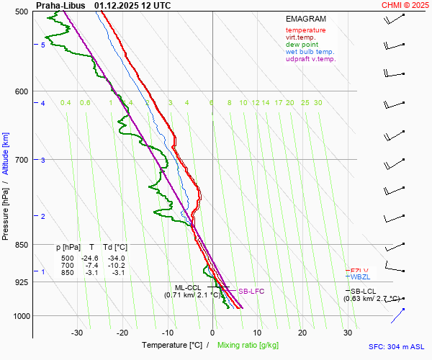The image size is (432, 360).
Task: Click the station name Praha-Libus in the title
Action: pyautogui.click(x=58, y=5)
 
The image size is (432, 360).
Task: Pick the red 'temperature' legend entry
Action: pyautogui.click(x=305, y=30)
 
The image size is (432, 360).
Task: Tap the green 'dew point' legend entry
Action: pyautogui.click(x=302, y=45)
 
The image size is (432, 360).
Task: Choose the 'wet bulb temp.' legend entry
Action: pyautogui.click(x=310, y=52)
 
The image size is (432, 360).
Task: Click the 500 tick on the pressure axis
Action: pyautogui.click(x=21, y=12)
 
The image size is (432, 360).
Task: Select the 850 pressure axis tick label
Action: pyautogui.click(x=21, y=245)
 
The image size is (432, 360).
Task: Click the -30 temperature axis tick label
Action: pyautogui.click(x=77, y=333)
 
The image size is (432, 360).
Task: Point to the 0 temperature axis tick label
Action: pyautogui.click(x=212, y=333)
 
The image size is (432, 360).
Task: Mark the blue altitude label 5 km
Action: pyautogui.click(x=43, y=45)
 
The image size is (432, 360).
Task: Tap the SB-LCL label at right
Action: pyautogui.click(x=363, y=291)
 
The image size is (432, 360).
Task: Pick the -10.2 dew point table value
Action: pyautogui.click(x=116, y=266)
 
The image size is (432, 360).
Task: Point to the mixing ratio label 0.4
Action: pyautogui.click(x=66, y=103)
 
